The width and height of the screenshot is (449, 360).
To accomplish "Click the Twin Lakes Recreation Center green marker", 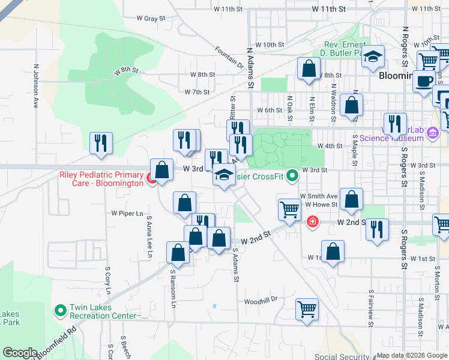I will [x=60, y=311].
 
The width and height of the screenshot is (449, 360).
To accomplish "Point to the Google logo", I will [x=20, y=353].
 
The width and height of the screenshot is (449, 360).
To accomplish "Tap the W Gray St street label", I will [x=151, y=19].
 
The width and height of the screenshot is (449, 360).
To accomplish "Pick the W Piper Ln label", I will [x=127, y=213].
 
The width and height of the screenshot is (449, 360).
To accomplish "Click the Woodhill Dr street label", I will [x=261, y=300].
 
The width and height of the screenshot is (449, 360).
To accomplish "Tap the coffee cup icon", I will [x=424, y=81].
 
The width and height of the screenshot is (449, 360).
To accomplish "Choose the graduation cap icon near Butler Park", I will [x=373, y=56].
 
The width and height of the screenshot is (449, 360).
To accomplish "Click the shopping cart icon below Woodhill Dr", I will [x=307, y=309].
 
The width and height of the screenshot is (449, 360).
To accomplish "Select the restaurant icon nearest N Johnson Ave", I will [x=101, y=143].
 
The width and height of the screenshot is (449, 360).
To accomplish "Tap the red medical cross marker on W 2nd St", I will [x=312, y=223].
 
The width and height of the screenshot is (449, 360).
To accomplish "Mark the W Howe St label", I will [x=322, y=205].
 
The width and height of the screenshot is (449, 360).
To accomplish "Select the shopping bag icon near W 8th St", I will [x=309, y=68].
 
